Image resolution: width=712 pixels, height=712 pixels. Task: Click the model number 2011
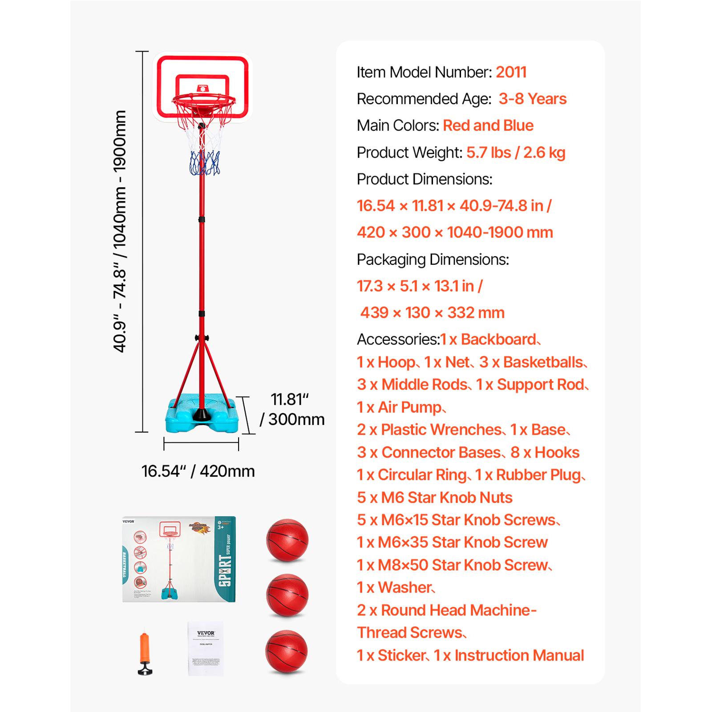[x=511, y=72]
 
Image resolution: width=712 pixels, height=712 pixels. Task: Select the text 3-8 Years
[x=532, y=99]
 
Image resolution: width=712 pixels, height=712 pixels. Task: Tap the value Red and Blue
[x=488, y=125]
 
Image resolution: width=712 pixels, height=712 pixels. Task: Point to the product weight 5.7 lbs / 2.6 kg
[x=515, y=153]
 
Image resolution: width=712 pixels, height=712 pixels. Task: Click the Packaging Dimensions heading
[x=433, y=259]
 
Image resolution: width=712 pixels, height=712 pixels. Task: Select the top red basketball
[x=287, y=540]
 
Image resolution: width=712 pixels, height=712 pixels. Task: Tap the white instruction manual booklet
[x=205, y=648]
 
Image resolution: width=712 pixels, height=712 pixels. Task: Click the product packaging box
[x=179, y=559]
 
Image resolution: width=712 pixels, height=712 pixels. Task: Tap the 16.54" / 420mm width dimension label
[x=198, y=471]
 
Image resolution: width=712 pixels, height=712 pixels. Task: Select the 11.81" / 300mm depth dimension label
[x=291, y=409]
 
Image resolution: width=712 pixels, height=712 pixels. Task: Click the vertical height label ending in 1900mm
[x=120, y=231]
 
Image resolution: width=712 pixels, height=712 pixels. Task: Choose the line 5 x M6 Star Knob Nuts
[x=434, y=498]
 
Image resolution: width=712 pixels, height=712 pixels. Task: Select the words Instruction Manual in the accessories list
[x=519, y=655]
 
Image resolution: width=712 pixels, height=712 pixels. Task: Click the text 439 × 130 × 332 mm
[x=432, y=313]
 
